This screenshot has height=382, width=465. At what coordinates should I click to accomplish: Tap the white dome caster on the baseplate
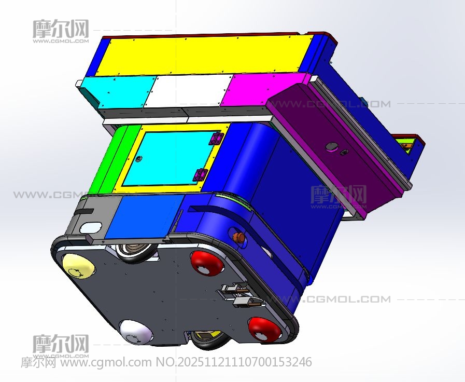136,332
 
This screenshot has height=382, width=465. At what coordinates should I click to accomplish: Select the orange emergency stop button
238,237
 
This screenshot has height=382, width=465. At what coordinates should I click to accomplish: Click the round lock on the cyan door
137,159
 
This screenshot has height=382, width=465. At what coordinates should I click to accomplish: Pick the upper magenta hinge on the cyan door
216,139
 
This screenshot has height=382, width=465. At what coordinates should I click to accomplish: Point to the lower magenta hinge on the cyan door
200,175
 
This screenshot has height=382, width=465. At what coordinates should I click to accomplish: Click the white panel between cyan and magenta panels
188,90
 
